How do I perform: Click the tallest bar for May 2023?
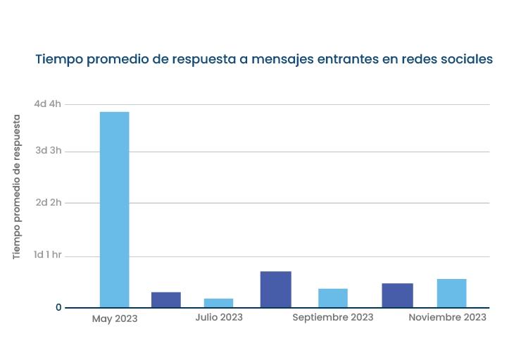tap(114, 209)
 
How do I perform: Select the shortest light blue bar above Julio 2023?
tap(218, 303)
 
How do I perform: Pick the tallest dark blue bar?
tap(275, 289)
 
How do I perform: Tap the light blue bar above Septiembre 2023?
tap(332, 298)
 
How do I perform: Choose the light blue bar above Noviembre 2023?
tap(451, 293)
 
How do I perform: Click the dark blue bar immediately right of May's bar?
tap(166, 299)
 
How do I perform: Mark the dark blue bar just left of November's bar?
tap(397, 295)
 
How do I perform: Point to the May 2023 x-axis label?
tap(115, 318)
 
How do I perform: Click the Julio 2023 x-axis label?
tap(219, 317)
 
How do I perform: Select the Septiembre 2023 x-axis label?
tap(333, 317)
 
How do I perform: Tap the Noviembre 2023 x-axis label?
tap(447, 317)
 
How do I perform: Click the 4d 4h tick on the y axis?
tap(48, 104)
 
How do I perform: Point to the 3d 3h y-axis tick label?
tap(48, 151)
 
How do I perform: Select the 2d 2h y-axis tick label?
tap(48, 202)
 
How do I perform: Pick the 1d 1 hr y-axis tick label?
tap(48, 255)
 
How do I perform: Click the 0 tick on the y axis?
tap(58, 308)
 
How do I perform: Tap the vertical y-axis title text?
tap(17, 187)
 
